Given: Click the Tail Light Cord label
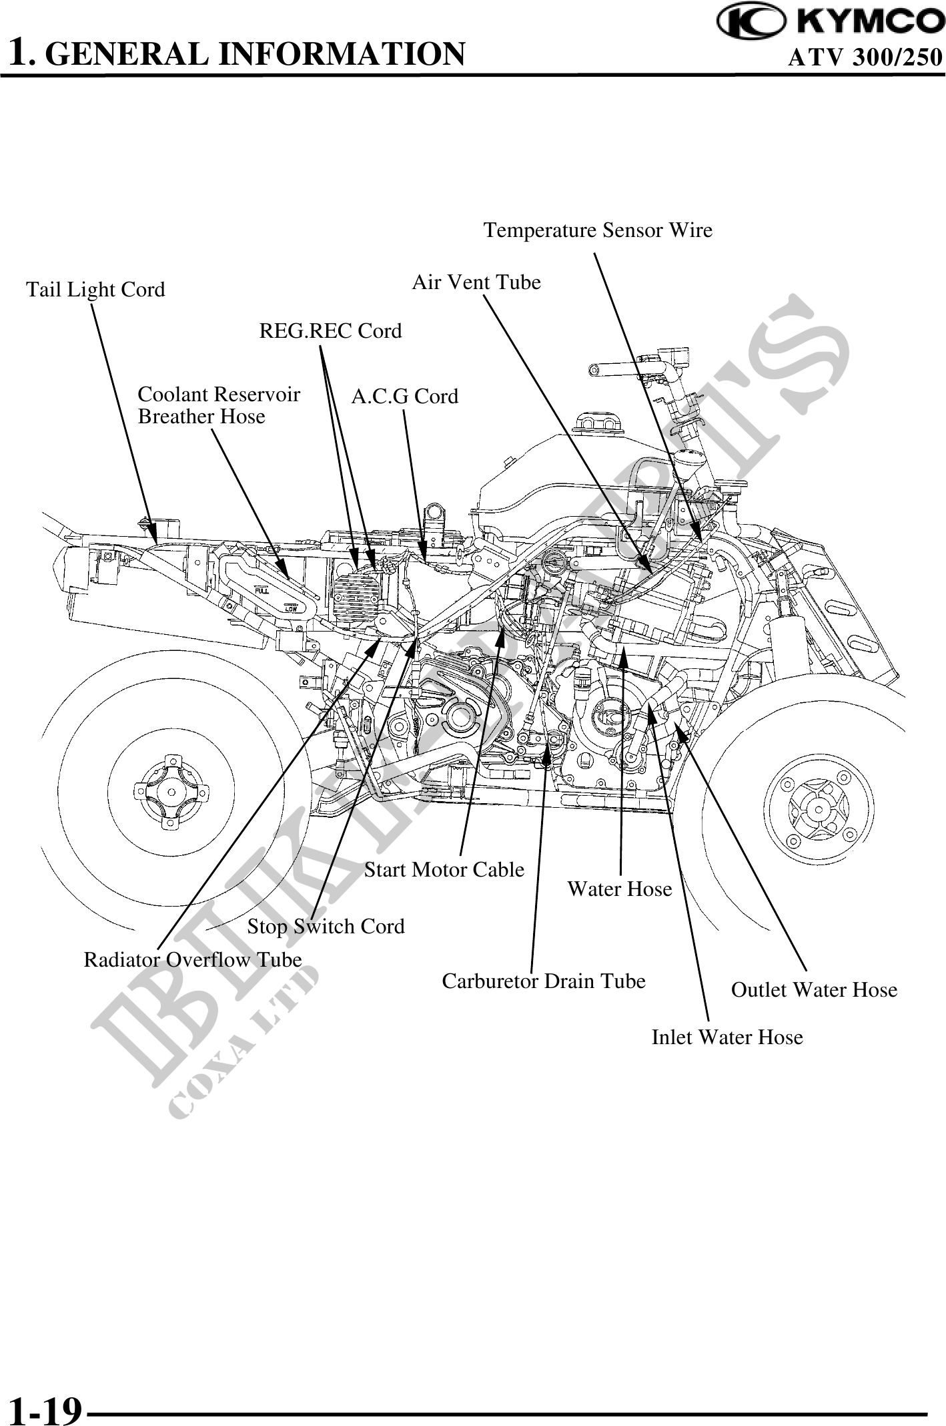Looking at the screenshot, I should tap(95, 290).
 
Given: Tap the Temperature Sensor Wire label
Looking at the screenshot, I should tap(598, 230).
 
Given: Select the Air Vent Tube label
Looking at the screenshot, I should tap(476, 282).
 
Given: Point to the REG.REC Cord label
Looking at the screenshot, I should tap(330, 330).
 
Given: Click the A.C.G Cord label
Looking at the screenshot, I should tap(405, 397).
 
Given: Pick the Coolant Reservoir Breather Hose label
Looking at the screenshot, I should tap(219, 405).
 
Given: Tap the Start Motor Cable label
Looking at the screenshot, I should tap(444, 869).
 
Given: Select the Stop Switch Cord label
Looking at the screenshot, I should tap(326, 926).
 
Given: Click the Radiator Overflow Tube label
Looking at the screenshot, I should tap(193, 959).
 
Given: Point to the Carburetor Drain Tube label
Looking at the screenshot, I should tap(544, 981).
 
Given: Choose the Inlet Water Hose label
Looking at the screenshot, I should tap(727, 1037).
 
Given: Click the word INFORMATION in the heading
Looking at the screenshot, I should tap(342, 54).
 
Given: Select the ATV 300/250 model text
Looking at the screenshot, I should tap(865, 58).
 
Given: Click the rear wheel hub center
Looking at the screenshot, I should tap(171, 792).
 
